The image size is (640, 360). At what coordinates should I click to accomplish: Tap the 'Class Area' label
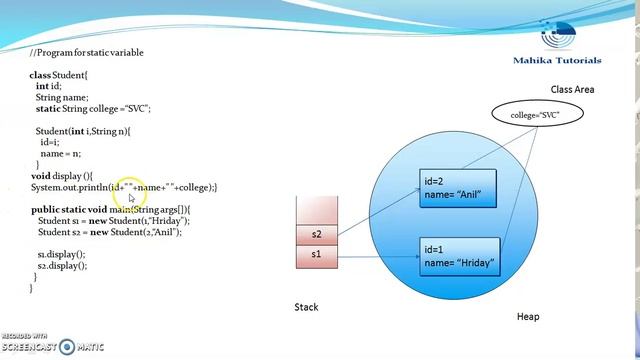click(x=572, y=89)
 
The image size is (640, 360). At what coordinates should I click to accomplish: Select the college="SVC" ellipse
click(x=535, y=116)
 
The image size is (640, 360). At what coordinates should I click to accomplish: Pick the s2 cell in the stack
click(x=319, y=235)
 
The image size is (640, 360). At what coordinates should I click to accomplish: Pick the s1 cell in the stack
click(x=319, y=255)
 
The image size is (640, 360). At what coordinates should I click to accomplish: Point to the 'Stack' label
click(x=307, y=307)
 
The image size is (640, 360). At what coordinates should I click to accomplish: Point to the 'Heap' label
click(x=527, y=317)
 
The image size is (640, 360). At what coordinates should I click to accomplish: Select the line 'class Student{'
click(x=59, y=75)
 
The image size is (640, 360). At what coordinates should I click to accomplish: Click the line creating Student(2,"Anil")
click(x=110, y=231)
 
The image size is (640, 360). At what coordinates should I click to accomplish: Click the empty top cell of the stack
click(x=319, y=210)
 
